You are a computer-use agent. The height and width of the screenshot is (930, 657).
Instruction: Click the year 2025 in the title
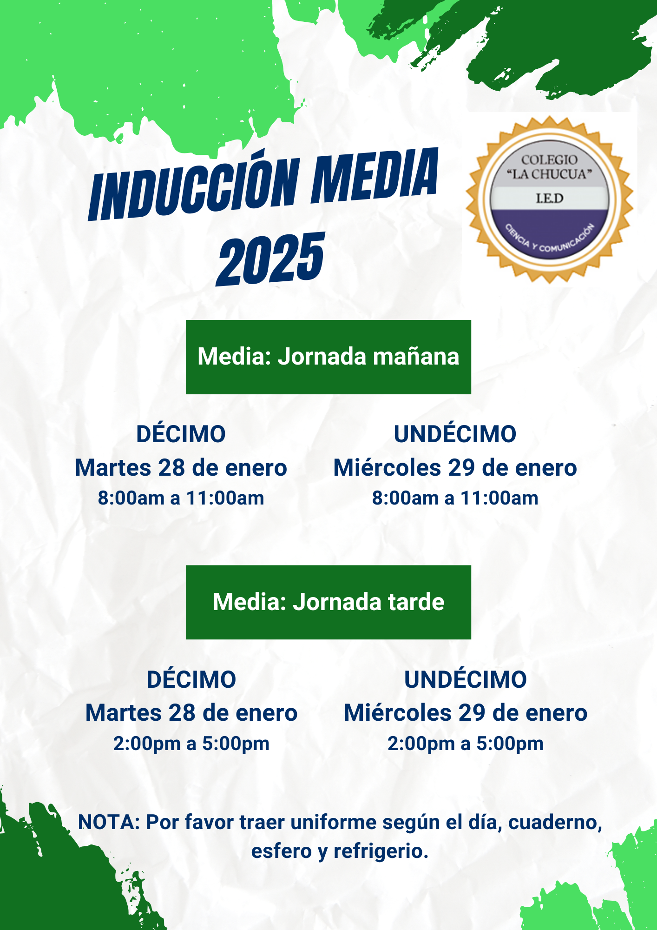[x=270, y=259]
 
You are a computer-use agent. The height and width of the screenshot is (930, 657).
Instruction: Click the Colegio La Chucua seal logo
[x=549, y=200]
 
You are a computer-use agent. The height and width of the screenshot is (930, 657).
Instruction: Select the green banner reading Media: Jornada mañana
[x=328, y=357]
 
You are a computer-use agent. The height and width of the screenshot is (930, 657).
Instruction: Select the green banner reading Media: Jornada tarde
[x=328, y=602]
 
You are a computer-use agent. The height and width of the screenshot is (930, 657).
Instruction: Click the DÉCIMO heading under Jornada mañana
[x=181, y=434]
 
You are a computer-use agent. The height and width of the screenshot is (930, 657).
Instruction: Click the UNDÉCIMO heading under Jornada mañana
[x=455, y=434]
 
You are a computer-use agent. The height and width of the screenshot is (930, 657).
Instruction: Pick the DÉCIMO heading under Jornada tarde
[x=191, y=679]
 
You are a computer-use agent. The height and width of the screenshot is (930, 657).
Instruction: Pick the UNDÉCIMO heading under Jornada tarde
[x=465, y=679]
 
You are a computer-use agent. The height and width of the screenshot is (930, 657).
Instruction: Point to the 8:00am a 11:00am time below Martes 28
[x=181, y=498]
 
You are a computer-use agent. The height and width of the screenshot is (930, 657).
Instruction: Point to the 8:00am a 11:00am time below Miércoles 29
[x=455, y=498]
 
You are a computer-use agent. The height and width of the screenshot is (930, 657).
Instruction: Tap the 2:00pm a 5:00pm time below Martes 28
[x=191, y=744]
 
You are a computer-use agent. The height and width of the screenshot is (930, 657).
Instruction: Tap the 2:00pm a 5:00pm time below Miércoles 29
[x=465, y=744]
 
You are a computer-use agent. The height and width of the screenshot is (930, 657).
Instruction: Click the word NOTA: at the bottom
[x=109, y=822]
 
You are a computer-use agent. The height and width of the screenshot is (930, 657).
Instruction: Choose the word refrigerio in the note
[x=381, y=851]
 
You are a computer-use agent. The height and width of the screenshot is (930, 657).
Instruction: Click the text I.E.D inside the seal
[x=549, y=199]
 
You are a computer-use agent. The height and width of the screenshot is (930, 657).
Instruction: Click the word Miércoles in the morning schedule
[x=387, y=468]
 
